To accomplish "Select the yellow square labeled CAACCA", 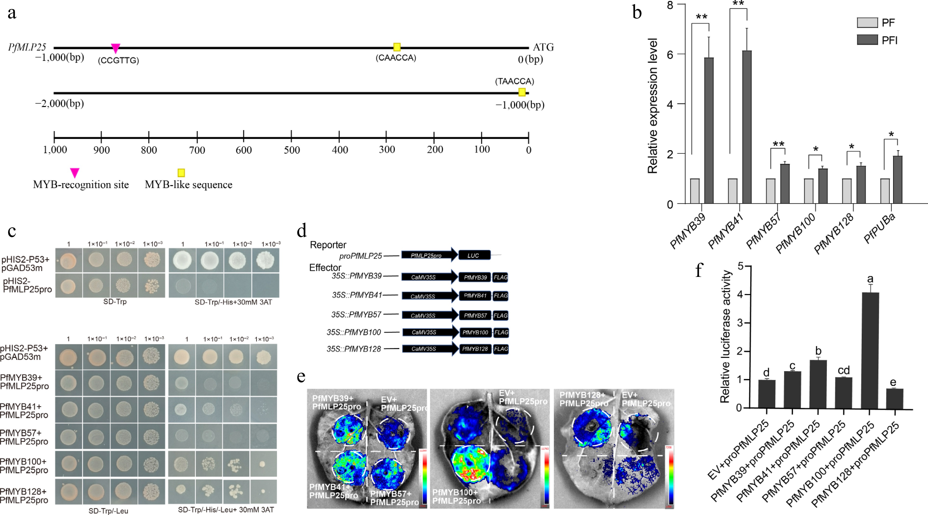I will point(397,47).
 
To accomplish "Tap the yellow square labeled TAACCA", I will point(522,92).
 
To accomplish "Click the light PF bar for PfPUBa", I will point(885,191).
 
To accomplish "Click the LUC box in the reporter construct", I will point(474,255).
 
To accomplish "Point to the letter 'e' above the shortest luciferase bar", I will point(893,382).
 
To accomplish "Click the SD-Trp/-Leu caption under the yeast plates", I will point(109,511).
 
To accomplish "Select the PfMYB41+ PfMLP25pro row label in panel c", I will point(24,411).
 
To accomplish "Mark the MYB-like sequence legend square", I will point(181,173).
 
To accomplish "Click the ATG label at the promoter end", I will point(543,47).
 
